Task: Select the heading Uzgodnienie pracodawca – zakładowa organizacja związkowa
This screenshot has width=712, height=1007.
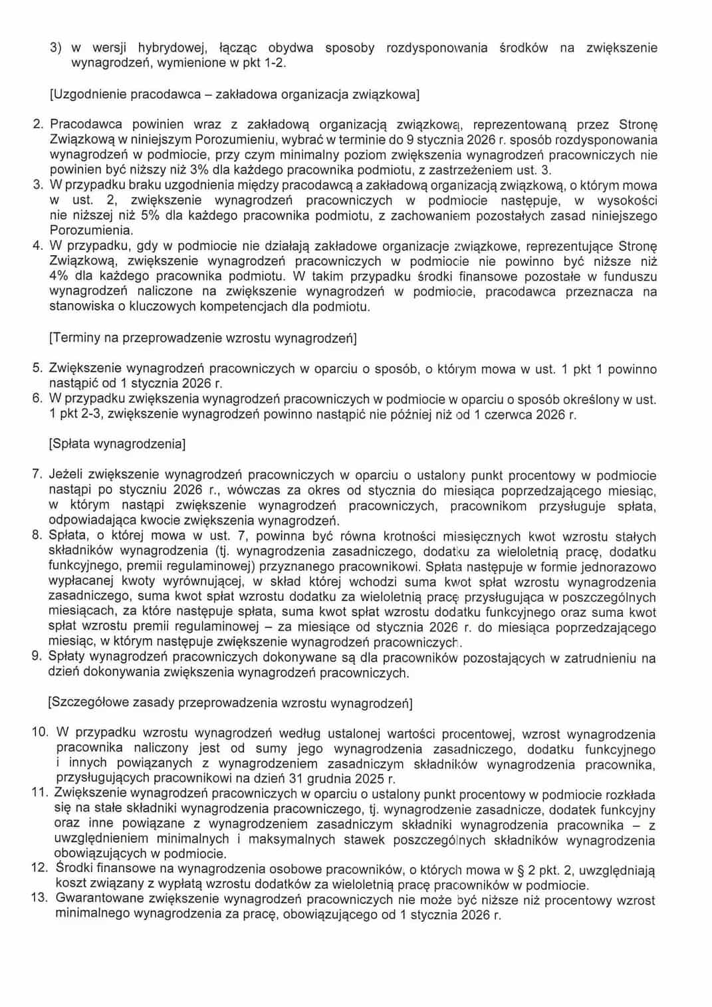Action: (235, 94)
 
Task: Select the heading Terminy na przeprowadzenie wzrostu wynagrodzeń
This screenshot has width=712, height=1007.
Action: (203, 338)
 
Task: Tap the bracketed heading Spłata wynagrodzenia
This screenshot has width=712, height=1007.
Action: (117, 443)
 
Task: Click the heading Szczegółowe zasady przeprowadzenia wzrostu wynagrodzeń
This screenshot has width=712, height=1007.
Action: (230, 703)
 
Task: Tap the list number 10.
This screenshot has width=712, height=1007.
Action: (40, 732)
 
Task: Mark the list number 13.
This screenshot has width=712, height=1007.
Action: (40, 898)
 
